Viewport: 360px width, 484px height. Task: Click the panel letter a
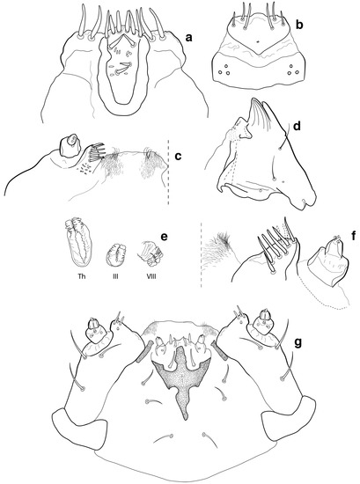(188, 38)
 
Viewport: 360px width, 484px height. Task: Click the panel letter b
(299, 25)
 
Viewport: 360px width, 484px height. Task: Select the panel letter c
(178, 156)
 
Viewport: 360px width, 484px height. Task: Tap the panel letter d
(297, 126)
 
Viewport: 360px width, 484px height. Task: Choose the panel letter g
(298, 343)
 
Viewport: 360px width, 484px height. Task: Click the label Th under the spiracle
(82, 276)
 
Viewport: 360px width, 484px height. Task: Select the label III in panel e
(115, 276)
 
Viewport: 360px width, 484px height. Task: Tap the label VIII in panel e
(151, 276)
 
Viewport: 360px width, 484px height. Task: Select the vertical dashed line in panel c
(169, 172)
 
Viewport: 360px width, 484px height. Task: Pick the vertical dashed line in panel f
(201, 254)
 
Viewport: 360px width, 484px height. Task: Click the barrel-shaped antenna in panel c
(70, 145)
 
